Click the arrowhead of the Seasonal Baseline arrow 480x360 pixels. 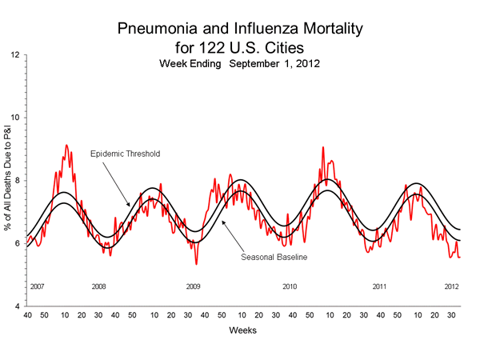[222, 221]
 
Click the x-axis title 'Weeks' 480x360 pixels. [242, 330]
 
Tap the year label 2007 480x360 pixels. [37, 286]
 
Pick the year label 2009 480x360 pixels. [194, 286]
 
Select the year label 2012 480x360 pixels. [451, 286]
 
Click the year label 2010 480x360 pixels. [290, 286]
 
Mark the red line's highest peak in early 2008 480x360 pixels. [66, 145]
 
